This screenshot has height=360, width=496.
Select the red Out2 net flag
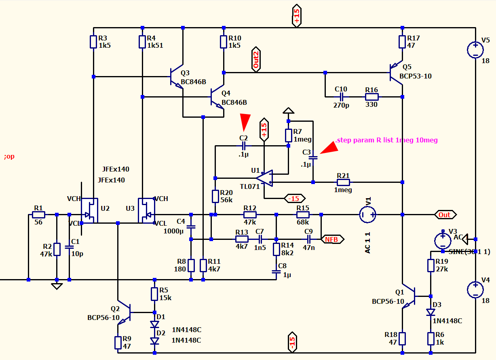point(256,59)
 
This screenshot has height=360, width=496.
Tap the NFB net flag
point(332,239)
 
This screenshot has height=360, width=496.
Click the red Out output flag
point(445,215)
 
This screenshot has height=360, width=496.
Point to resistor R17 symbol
point(402,42)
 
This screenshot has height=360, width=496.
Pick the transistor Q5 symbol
point(396,73)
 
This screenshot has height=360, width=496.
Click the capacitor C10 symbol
point(342,97)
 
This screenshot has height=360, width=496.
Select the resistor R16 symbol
point(372,97)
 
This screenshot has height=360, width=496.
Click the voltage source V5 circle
point(475,50)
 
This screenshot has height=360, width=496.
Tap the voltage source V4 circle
point(475,290)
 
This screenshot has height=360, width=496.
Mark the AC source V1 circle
point(367,214)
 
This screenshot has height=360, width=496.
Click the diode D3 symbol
point(431,312)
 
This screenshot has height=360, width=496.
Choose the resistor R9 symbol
point(118,343)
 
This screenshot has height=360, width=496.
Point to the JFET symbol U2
point(89,210)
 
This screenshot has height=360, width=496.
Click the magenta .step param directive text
point(386,140)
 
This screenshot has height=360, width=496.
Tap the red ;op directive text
point(9,157)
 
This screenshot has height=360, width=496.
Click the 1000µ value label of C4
point(173,231)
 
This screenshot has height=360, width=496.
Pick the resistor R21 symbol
point(343,182)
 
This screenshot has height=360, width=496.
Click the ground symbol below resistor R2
point(57,286)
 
